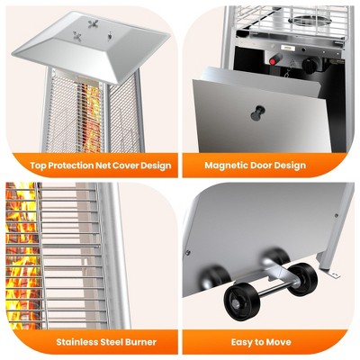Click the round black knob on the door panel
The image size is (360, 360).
tap(257, 113)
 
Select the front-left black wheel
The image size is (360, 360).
tap(238, 302)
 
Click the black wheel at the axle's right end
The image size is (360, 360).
tap(302, 280)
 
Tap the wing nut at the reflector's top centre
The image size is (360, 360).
tap(93, 23)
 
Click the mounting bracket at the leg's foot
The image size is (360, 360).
tap(333, 273)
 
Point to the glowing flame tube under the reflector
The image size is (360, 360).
tap(89, 118)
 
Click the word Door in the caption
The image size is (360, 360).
tap(265, 166)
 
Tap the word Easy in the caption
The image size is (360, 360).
tap(241, 342)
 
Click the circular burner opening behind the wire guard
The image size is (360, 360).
tap(310, 20)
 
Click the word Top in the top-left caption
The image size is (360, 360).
tap(38, 166)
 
